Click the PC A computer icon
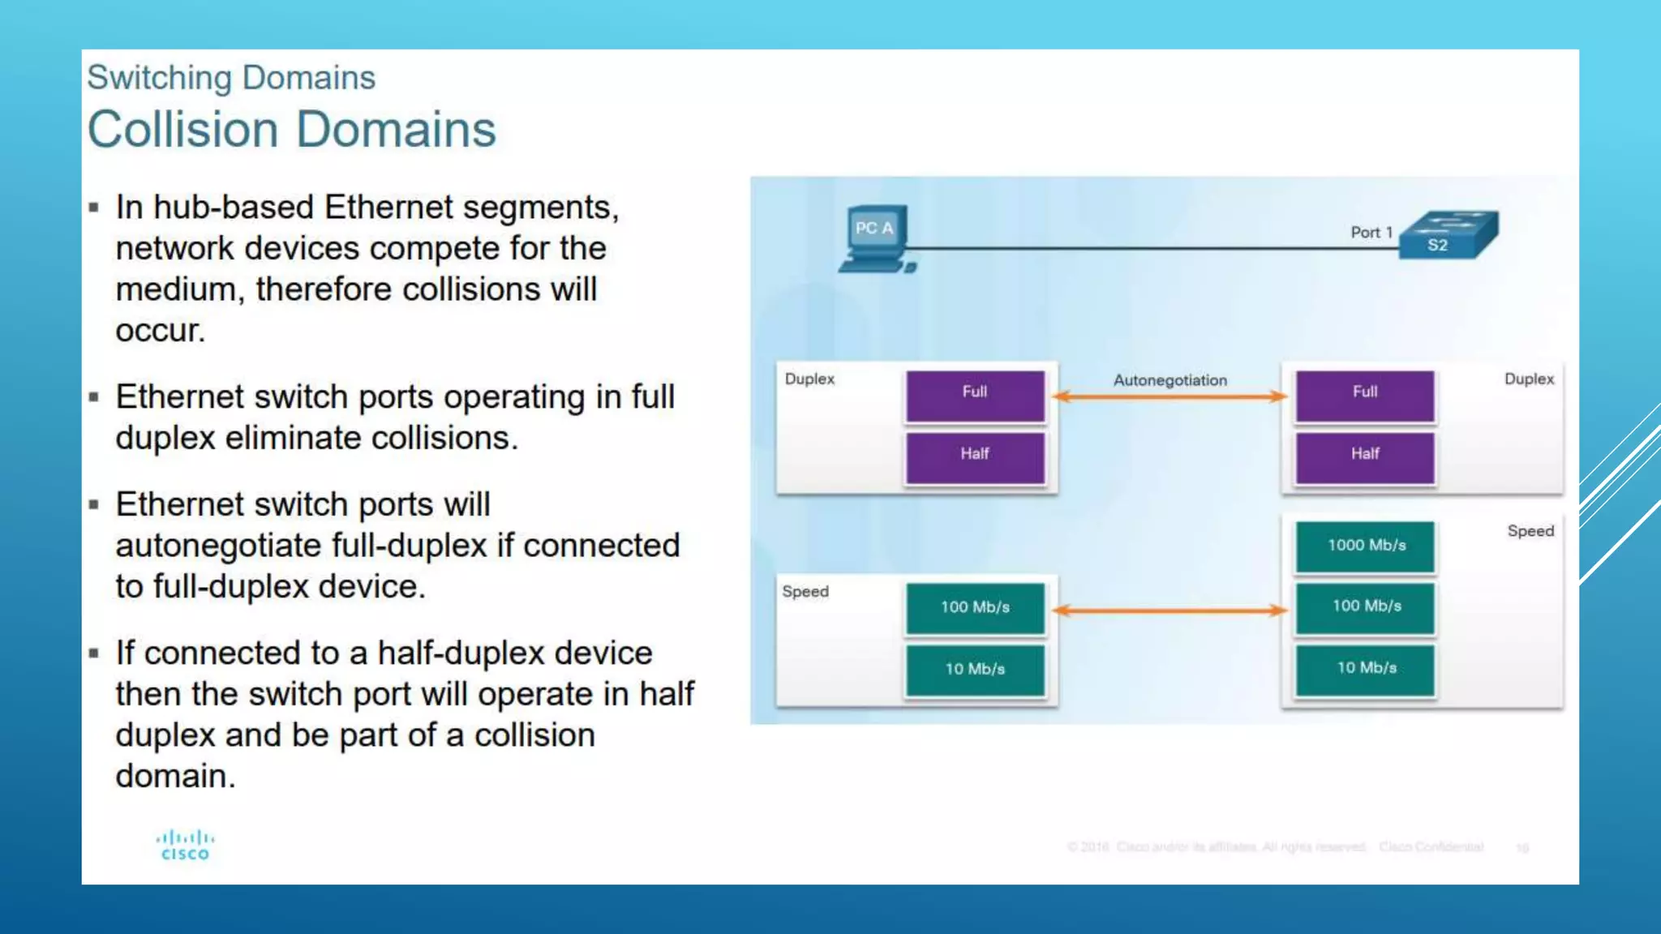(x=876, y=239)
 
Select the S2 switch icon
(x=1449, y=235)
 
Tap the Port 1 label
(x=1371, y=233)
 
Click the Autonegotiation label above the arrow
(x=1170, y=380)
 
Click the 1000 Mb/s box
(x=1366, y=546)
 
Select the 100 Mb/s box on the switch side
(x=1366, y=606)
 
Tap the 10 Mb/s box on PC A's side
(x=975, y=670)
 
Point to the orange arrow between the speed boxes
(x=1170, y=611)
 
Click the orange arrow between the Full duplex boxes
(x=1170, y=396)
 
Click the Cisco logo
(x=185, y=845)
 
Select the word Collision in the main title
(x=183, y=130)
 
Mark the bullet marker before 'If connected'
(x=94, y=653)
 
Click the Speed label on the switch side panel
(x=1530, y=531)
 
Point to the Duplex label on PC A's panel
(x=809, y=379)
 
